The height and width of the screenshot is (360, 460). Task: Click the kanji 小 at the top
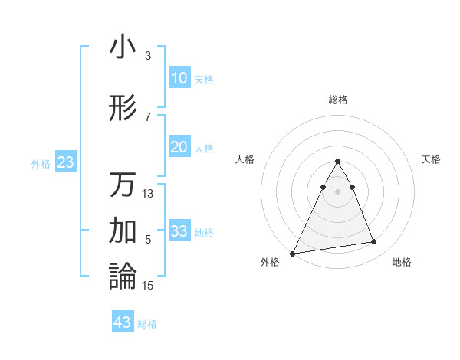[123, 47]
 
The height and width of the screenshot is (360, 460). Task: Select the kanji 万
[123, 185]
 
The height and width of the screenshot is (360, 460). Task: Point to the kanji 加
[123, 229]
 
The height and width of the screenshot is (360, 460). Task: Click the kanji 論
[123, 276]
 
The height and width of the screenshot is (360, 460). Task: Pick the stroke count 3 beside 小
[148, 56]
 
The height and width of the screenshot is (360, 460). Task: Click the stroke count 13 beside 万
[148, 194]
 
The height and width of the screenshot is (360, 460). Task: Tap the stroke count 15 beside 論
[148, 286]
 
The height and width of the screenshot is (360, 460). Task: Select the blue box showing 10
[179, 78]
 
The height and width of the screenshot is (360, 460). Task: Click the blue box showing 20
[179, 147]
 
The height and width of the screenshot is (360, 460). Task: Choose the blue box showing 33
[179, 231]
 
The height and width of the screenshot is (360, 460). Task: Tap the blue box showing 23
[65, 162]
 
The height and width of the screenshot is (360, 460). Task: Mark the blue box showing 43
[122, 322]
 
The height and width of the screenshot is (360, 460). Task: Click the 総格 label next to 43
[147, 324]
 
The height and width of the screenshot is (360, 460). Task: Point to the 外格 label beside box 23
[41, 163]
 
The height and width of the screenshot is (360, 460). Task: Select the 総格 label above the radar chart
[338, 100]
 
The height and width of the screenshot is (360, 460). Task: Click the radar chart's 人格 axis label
[245, 159]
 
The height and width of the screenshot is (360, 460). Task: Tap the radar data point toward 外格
[293, 254]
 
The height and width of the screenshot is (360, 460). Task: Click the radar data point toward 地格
[374, 242]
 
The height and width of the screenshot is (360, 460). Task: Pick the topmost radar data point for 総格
[338, 162]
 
